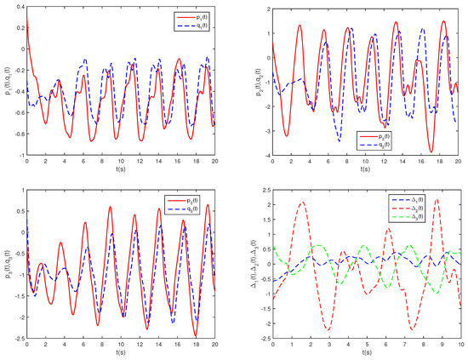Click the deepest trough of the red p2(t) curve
pyautogui.click(x=432, y=151)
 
